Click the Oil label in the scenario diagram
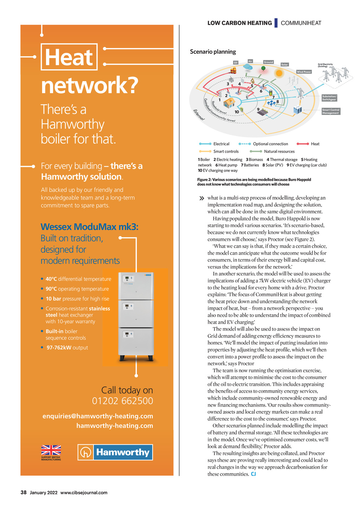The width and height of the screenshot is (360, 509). [236, 63]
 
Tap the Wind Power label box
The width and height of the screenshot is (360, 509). [304, 72]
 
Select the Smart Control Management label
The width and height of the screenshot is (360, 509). [331, 111]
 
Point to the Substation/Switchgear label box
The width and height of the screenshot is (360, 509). [329, 98]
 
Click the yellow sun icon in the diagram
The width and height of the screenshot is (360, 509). [279, 73]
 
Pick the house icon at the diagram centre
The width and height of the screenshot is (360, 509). [229, 103]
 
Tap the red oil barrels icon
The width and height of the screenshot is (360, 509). [232, 70]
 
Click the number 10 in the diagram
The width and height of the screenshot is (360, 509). [237, 112]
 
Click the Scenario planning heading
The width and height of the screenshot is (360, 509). [213, 52]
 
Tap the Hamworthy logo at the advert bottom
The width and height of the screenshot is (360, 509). [115, 452]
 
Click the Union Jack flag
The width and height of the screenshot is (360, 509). [51, 450]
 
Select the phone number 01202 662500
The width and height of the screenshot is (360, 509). [122, 401]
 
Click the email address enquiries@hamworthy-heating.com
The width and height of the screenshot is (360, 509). [98, 416]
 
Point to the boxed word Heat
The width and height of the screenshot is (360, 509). [69, 57]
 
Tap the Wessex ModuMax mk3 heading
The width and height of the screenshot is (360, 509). [90, 227]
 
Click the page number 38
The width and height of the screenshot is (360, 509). [24, 492]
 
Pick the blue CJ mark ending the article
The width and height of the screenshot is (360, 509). [253, 474]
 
